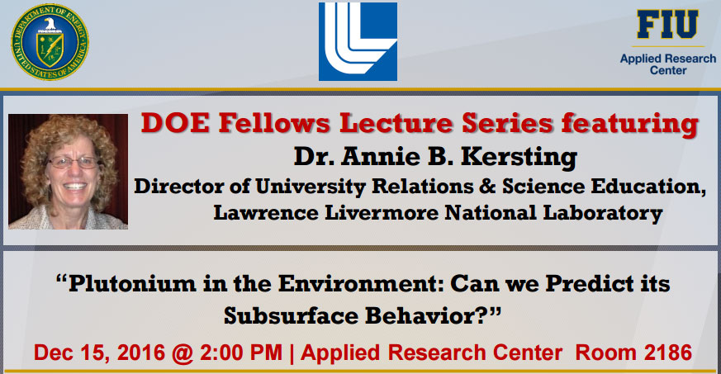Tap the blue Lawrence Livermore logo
(358, 42)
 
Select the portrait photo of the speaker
(68, 171)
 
